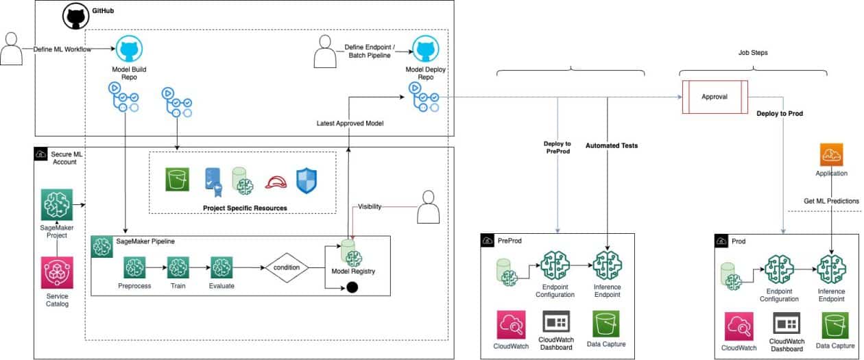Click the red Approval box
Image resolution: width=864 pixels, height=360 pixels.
pos(714,97)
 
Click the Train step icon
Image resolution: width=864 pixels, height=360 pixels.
pos(178,267)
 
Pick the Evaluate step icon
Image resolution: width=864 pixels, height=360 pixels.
pos(221,267)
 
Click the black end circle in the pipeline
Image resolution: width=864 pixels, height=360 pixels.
pos(352,287)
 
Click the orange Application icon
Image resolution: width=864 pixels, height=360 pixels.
pos(832,155)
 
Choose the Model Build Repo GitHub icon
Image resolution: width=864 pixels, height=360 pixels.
pos(129,50)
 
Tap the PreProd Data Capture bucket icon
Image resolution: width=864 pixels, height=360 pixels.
pos(606,324)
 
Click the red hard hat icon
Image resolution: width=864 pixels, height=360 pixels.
pos(275,180)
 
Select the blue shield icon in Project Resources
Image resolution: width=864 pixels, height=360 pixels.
pos(307,180)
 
